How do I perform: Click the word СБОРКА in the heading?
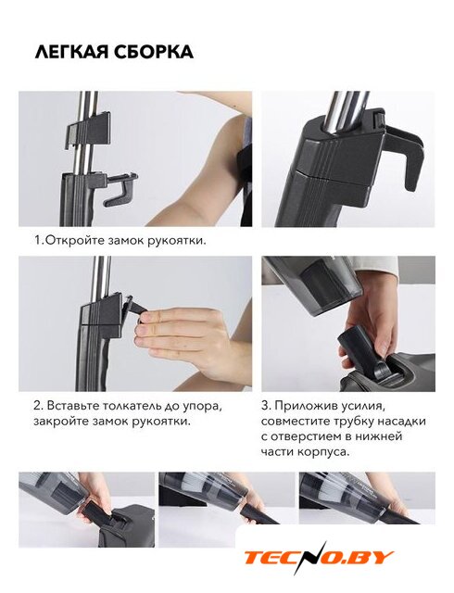(x=154, y=52)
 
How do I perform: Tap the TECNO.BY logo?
(x=319, y=557)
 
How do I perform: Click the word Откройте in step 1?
(x=70, y=240)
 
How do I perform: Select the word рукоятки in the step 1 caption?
(x=179, y=241)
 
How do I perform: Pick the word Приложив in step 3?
(x=303, y=407)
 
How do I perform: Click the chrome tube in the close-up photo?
(x=347, y=113)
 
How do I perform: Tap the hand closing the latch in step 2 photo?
(x=186, y=335)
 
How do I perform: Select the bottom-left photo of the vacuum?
(x=87, y=510)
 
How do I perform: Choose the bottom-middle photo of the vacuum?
(x=227, y=499)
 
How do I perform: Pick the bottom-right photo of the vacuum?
(x=367, y=498)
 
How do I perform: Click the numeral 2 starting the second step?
(x=37, y=406)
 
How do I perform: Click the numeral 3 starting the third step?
(x=265, y=406)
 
